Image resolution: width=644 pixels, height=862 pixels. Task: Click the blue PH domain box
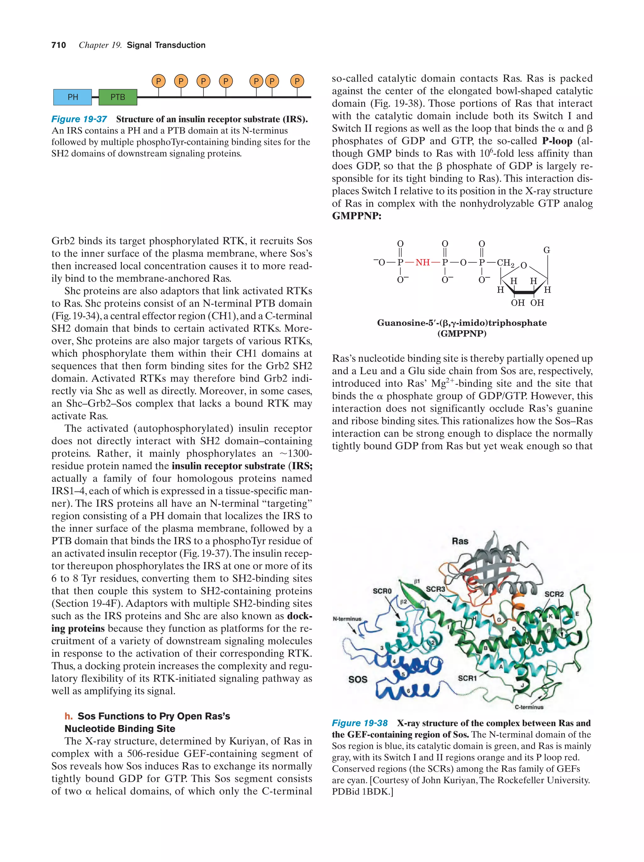[x=72, y=97]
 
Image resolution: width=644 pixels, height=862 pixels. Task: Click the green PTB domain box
[x=118, y=97]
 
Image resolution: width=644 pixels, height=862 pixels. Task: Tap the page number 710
[x=58, y=45]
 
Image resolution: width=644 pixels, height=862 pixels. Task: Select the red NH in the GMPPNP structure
[x=422, y=262]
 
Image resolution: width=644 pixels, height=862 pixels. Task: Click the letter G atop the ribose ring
[x=547, y=250]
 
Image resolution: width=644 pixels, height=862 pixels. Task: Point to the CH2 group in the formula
[x=505, y=263]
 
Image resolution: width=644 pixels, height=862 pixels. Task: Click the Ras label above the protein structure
[x=460, y=541]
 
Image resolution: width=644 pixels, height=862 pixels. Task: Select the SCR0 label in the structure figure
[x=382, y=591]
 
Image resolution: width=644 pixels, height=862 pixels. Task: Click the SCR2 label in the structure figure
[x=554, y=594]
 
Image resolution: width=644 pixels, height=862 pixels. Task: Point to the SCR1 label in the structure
[x=467, y=678]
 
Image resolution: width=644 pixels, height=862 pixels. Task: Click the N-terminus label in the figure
[x=347, y=619]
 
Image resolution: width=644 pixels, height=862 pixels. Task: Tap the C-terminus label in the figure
[x=529, y=707]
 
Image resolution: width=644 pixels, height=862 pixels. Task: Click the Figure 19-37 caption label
[x=79, y=119]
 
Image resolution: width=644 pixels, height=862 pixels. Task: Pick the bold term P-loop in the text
[x=557, y=141]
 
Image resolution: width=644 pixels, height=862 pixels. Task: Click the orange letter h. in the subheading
[x=69, y=716]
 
